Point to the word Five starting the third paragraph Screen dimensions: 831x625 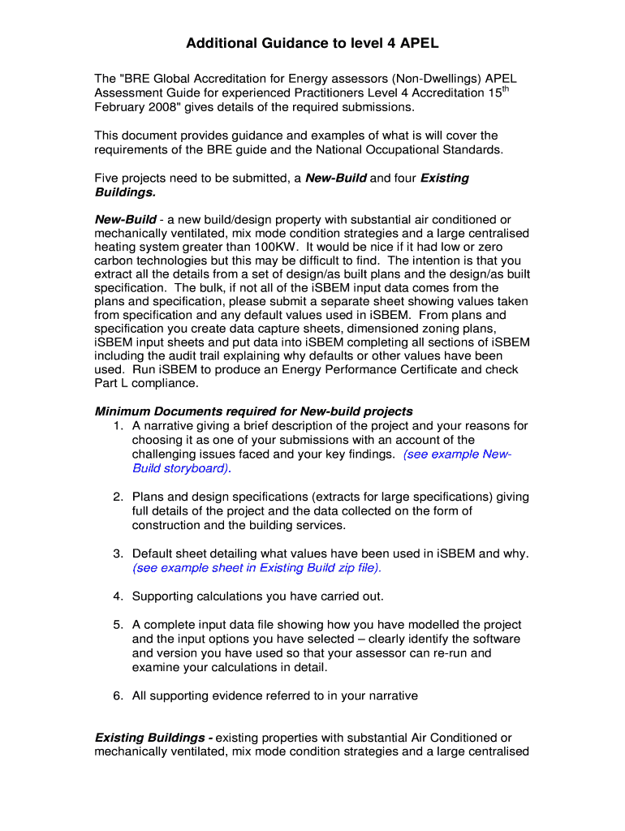coord(110,178)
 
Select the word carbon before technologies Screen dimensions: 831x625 coord(116,260)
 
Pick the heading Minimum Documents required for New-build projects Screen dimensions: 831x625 coord(254,411)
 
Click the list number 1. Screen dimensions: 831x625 coord(118,426)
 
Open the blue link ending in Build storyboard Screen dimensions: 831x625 coord(181,469)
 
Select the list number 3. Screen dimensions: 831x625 coord(118,553)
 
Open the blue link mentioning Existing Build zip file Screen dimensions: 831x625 coord(256,568)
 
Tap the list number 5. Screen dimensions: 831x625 coord(118,625)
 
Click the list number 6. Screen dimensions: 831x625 coord(118,695)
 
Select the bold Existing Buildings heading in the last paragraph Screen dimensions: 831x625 coord(154,738)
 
